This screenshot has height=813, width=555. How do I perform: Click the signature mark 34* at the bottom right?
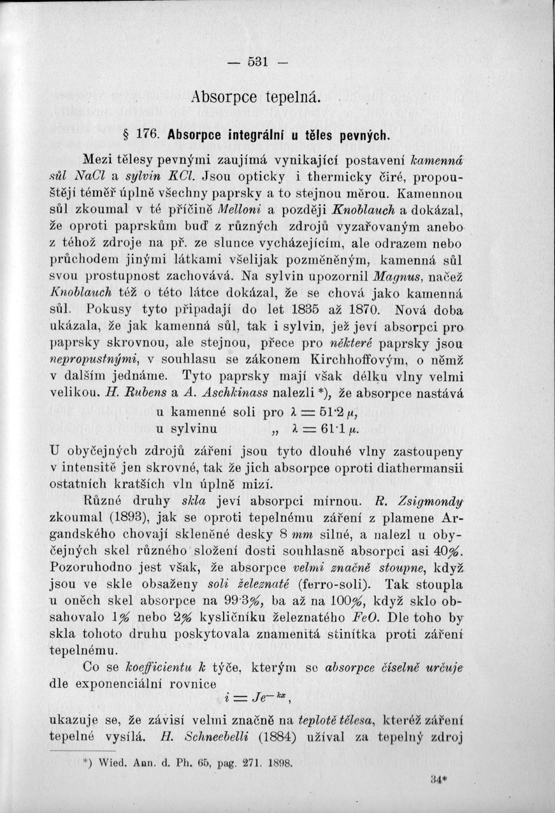436,780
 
